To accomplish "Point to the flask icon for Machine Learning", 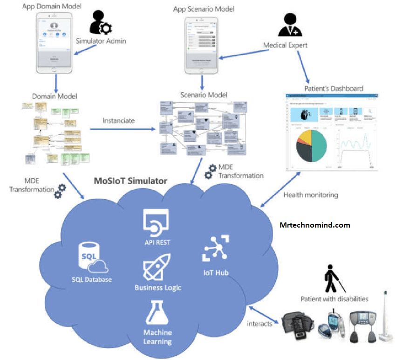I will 157,312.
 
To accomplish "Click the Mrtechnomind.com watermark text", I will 315,225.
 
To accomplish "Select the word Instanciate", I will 118,120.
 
